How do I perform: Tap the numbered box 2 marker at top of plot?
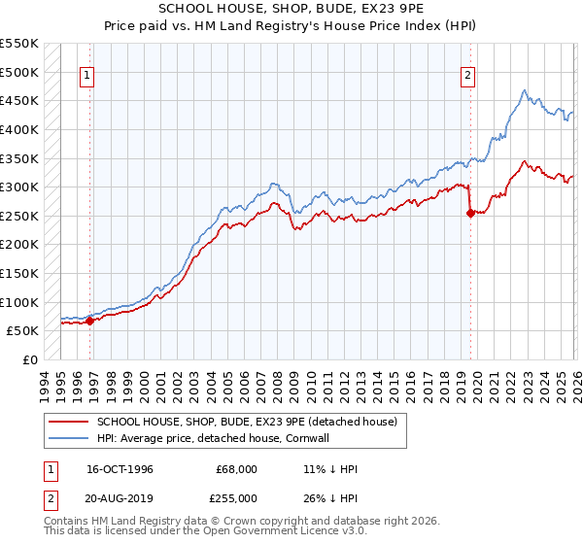[468, 75]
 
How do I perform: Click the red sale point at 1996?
[90, 321]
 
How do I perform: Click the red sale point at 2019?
[470, 214]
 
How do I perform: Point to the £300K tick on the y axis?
[19, 187]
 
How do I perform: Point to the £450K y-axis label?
[19, 100]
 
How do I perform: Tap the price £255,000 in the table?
[236, 497]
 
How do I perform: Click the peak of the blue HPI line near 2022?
[524, 91]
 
